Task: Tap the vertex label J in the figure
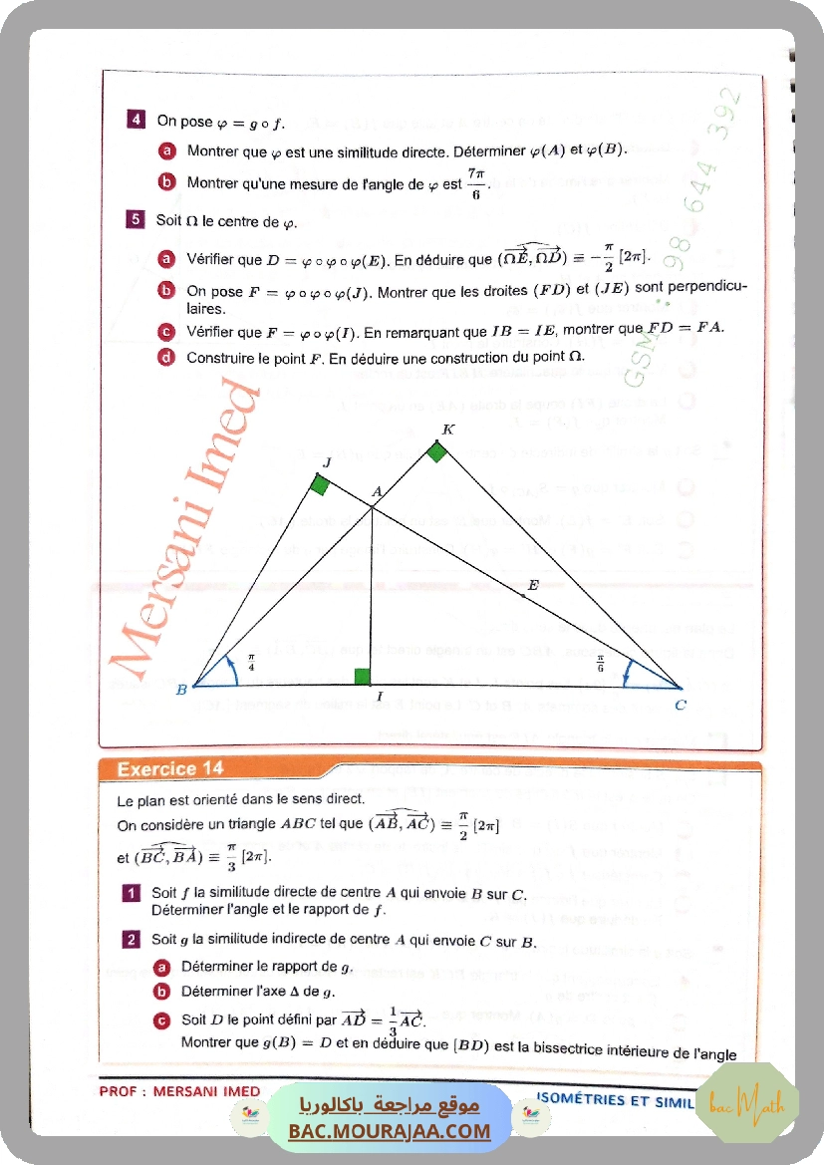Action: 326,463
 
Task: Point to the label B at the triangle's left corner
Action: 181,689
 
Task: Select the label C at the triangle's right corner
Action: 680,705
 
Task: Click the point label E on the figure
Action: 533,585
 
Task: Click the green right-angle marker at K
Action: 436,451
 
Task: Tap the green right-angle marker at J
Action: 319,485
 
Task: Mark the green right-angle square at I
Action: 362,678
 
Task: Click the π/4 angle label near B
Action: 251,662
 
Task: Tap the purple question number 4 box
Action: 137,122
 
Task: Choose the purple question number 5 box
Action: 137,220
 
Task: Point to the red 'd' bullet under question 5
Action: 166,357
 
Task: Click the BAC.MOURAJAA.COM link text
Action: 390,1131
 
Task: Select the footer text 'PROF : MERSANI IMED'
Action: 179,1091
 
